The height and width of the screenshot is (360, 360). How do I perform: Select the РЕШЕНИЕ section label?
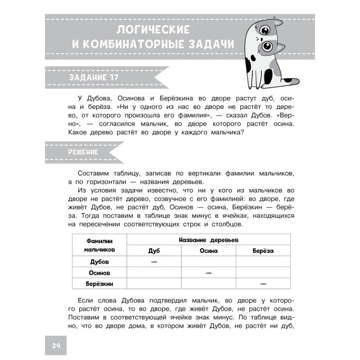pos(83,152)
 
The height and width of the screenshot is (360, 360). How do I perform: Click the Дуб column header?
pos(154,251)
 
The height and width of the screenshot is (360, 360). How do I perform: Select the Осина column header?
pos(208,251)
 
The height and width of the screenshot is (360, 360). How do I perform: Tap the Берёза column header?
pos(263,251)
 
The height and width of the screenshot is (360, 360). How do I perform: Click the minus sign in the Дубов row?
pos(154,262)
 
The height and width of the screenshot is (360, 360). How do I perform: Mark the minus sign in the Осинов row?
pos(208,273)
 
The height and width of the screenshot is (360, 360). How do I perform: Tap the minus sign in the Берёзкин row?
pos(263,283)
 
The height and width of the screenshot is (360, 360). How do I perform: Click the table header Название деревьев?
pos(208,240)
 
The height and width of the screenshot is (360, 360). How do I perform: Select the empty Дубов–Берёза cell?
pos(263,262)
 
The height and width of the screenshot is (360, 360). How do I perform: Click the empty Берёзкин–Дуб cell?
pos(154,283)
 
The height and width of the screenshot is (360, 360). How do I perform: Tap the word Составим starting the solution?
pos(93,173)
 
